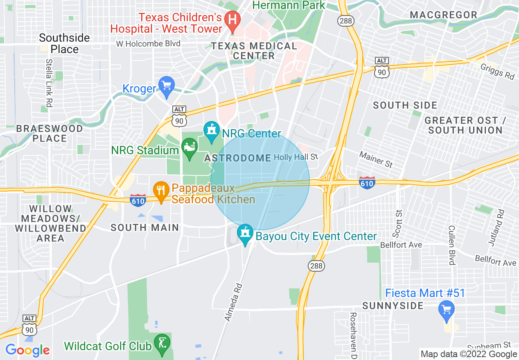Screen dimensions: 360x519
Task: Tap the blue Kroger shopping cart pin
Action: point(167,86)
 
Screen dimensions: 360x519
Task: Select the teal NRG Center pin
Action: point(212,130)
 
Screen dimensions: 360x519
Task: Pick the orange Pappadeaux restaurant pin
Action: point(161,190)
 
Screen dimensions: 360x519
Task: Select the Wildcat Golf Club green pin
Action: point(162,343)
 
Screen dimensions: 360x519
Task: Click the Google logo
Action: point(27,350)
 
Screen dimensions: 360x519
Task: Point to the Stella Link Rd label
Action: point(49,83)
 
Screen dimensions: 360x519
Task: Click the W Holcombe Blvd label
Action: point(148,44)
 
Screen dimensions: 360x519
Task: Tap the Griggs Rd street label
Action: point(498,74)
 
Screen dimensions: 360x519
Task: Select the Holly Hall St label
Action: point(296,157)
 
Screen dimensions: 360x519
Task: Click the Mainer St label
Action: point(376,160)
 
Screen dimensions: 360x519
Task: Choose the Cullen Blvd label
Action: point(451,245)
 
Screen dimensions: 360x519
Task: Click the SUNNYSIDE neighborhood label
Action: point(393,306)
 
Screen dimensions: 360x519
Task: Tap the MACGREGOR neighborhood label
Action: point(444,15)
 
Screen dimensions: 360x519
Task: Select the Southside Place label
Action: point(64,43)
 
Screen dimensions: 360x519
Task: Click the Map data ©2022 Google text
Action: point(469,354)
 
